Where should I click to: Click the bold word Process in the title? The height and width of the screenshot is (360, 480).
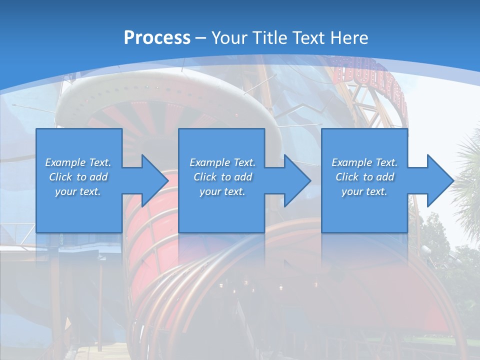157,37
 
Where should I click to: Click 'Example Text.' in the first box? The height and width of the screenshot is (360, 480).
78,162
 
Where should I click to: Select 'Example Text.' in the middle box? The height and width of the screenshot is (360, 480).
222,162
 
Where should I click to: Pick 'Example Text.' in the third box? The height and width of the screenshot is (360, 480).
364,162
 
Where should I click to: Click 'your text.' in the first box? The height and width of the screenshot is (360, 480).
78,191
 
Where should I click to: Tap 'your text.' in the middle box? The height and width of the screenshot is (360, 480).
222,191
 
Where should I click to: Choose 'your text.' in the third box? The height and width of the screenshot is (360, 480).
364,191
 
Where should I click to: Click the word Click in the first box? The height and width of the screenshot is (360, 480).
61,177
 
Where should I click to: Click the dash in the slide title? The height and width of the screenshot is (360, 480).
201,38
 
